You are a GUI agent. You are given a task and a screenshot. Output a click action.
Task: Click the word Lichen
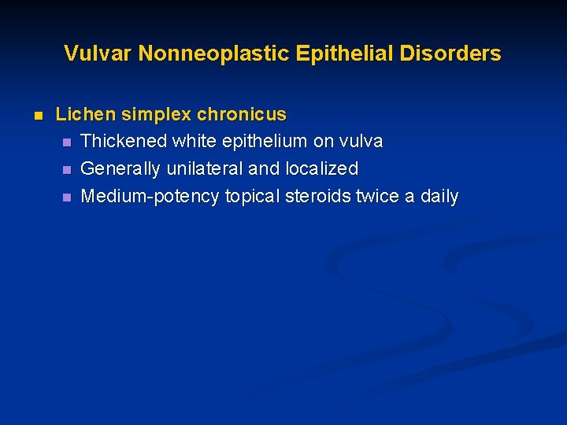(80, 114)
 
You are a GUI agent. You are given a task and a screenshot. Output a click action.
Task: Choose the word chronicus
(242, 114)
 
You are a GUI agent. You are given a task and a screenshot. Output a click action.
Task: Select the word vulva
(361, 142)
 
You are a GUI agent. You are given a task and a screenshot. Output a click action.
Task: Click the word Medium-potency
(150, 197)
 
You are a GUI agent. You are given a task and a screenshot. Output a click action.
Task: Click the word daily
(439, 197)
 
